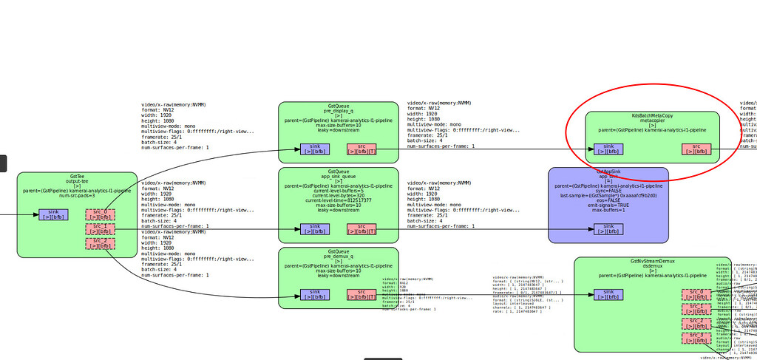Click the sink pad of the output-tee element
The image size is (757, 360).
point(53,214)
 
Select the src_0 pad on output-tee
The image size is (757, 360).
point(100,214)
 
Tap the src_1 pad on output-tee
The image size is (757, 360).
point(100,228)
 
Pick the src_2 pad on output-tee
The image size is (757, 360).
point(100,242)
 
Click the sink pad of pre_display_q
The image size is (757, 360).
point(316,149)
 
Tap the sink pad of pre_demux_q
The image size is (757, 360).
point(316,295)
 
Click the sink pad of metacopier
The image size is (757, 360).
point(608,149)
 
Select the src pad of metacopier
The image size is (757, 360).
point(696,149)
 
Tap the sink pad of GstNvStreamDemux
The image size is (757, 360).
point(608,295)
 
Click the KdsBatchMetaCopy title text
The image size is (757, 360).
point(652,116)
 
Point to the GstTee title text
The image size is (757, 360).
point(77,177)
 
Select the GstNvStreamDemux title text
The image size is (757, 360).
point(652,262)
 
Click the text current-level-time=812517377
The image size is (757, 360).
point(338,200)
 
